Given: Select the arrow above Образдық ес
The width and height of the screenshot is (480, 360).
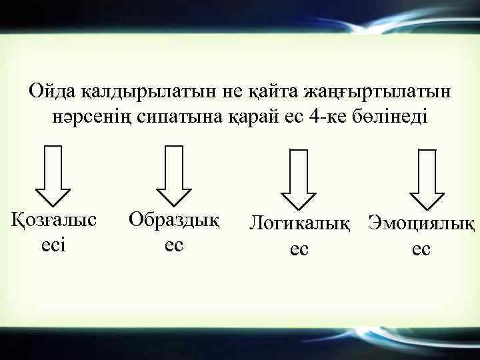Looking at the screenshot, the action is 174,174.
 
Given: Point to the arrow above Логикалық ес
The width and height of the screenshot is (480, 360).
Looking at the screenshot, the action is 298,179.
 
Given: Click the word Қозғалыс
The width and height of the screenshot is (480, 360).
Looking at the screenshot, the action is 53,219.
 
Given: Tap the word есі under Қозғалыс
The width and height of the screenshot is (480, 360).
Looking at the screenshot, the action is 53,244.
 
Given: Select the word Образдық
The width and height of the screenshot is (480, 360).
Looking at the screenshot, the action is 174,219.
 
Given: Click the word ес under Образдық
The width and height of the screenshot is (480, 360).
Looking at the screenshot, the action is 173,244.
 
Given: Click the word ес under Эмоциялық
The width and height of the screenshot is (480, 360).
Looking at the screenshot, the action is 421,249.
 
